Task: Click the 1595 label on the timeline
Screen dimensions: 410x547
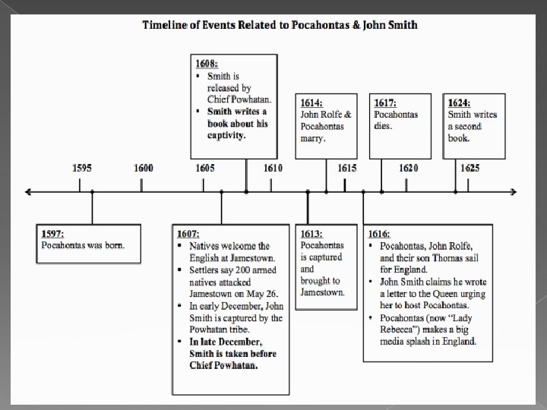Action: [84, 168]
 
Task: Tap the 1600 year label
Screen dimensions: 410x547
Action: [143, 168]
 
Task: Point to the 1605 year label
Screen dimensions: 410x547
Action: [204, 168]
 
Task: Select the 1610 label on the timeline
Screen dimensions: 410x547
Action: [272, 168]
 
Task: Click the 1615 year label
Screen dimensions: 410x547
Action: [346, 168]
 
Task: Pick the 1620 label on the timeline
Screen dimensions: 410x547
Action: [408, 168]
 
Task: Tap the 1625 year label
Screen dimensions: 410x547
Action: [470, 168]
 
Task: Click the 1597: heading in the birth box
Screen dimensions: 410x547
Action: [55, 233]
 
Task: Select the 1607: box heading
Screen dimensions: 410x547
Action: [188, 233]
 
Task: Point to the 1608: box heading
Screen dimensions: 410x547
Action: [207, 65]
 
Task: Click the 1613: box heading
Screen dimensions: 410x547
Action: [311, 233]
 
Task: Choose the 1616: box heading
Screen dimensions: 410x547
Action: [380, 233]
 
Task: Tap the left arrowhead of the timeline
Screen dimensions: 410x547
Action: [30, 191]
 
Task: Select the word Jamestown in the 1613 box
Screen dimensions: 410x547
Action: [323, 292]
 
